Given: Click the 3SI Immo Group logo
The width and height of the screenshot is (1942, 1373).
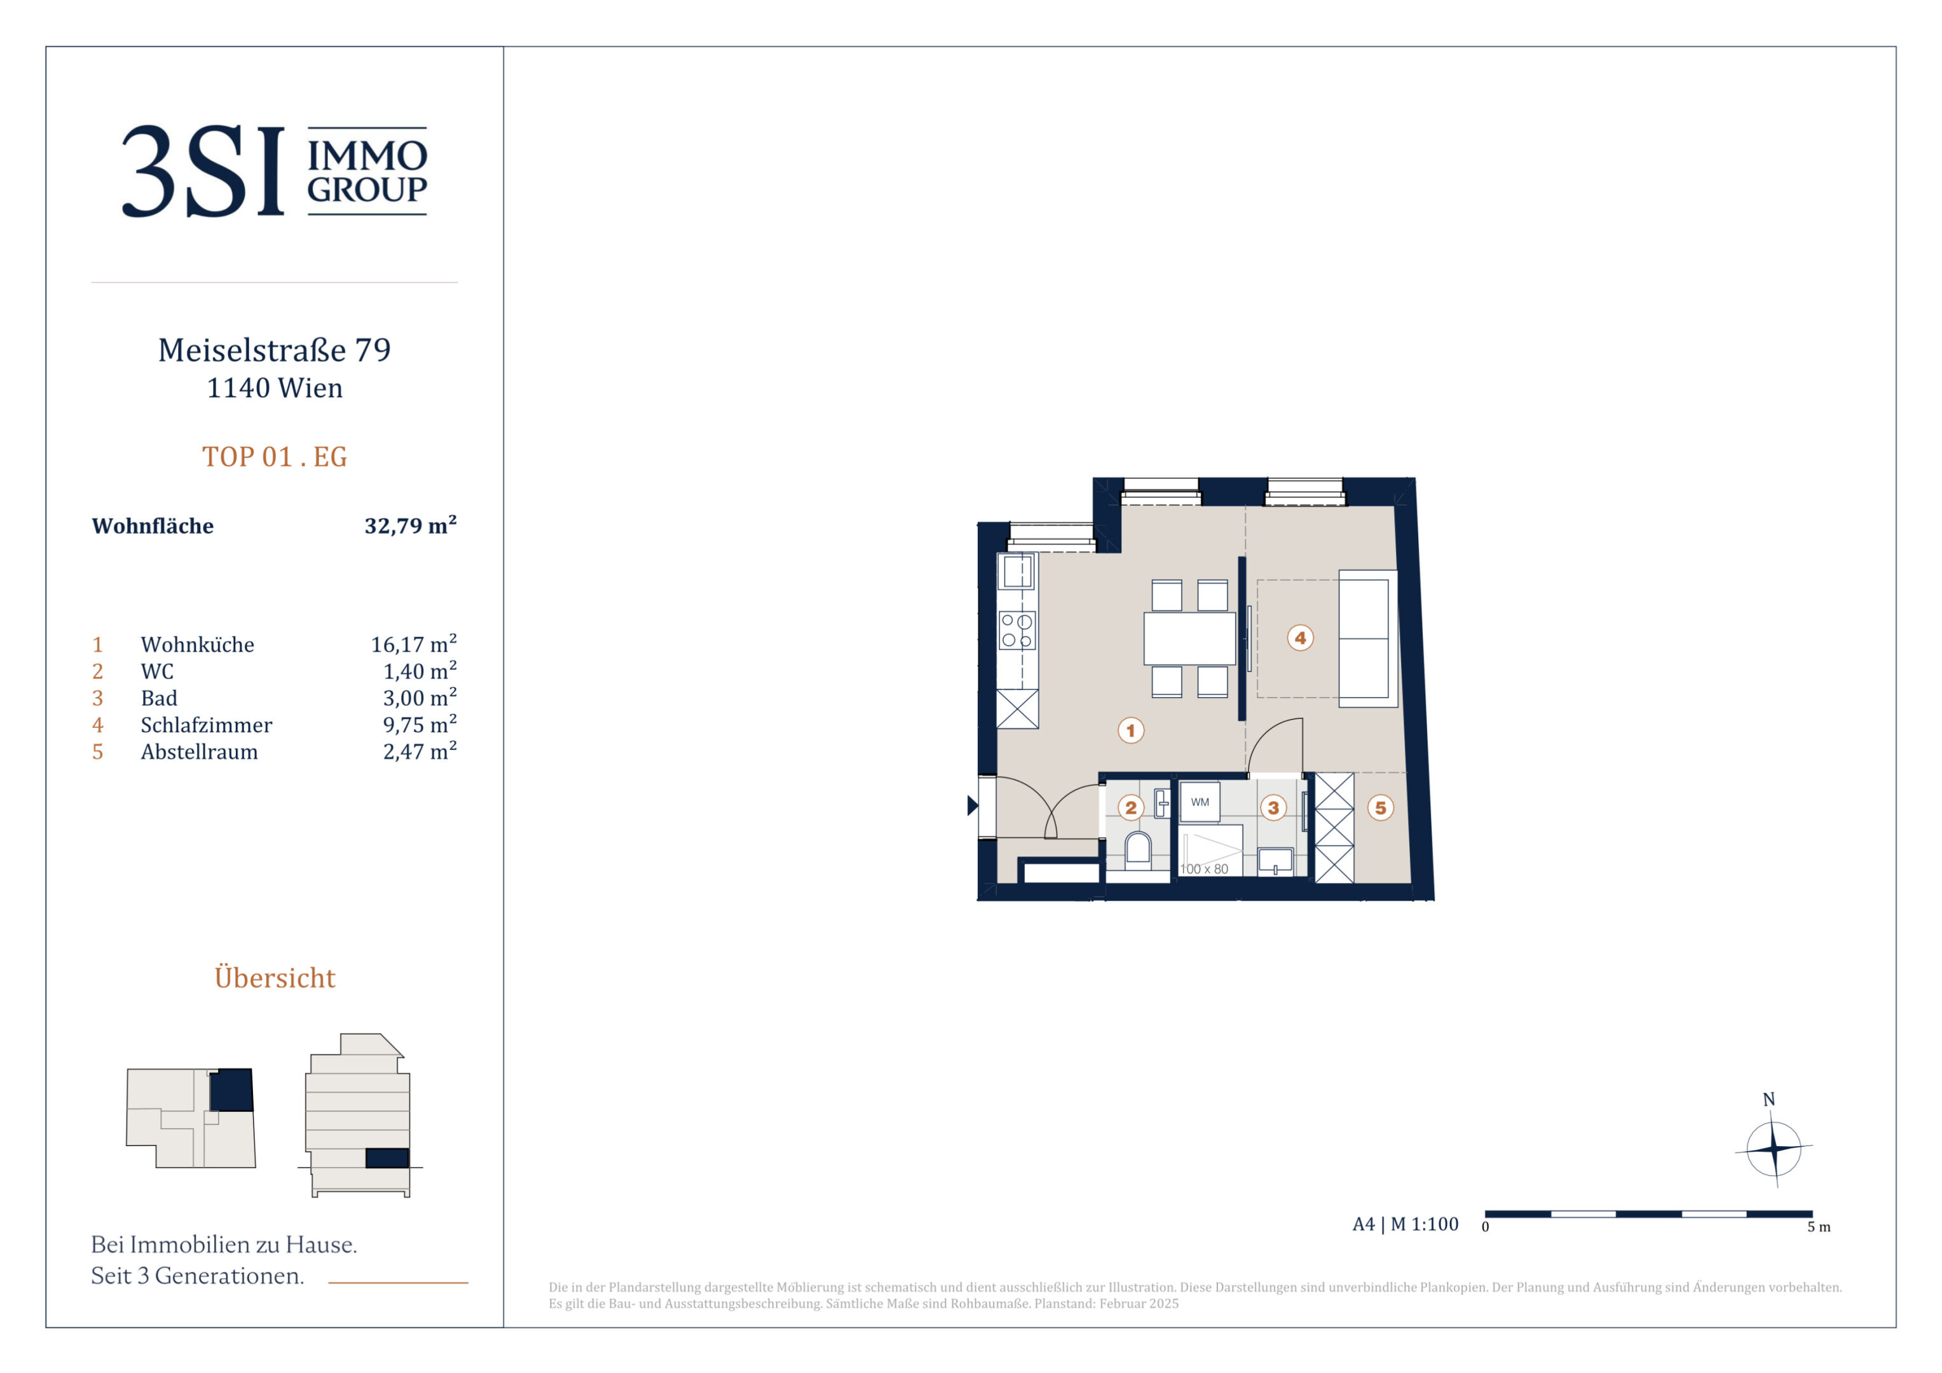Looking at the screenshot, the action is tap(274, 171).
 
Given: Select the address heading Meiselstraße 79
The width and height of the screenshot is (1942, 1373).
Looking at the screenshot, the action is tap(274, 350).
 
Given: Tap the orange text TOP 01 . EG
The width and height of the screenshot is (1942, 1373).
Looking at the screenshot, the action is tap(274, 457).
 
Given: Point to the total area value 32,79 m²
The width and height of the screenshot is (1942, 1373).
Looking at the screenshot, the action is tap(410, 525).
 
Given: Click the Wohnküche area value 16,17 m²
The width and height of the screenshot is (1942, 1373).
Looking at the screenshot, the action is tap(414, 644).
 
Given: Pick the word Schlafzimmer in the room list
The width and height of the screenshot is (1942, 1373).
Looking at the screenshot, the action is tap(207, 725).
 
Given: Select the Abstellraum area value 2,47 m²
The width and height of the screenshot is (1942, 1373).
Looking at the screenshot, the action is tap(420, 751).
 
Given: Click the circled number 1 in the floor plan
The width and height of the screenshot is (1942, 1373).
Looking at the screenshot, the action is tap(1131, 730).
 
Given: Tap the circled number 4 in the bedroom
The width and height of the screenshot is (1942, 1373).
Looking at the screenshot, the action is tap(1300, 638).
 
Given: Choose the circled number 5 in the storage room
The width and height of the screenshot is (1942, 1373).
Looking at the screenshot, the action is tap(1380, 808).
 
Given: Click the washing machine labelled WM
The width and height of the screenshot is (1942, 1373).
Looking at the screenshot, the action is tap(1200, 802).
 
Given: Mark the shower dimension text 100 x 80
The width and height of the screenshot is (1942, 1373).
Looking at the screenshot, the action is tap(1203, 869).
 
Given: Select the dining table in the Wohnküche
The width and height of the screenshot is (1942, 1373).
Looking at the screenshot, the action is tap(1189, 639).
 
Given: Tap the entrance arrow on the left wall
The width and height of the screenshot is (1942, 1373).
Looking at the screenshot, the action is tap(973, 805).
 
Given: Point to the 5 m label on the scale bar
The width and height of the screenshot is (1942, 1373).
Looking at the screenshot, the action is tap(1819, 1227).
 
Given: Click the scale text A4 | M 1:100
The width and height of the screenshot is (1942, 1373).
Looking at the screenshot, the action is tap(1405, 1224).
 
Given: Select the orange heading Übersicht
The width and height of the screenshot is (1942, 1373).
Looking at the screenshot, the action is tap(275, 977).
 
